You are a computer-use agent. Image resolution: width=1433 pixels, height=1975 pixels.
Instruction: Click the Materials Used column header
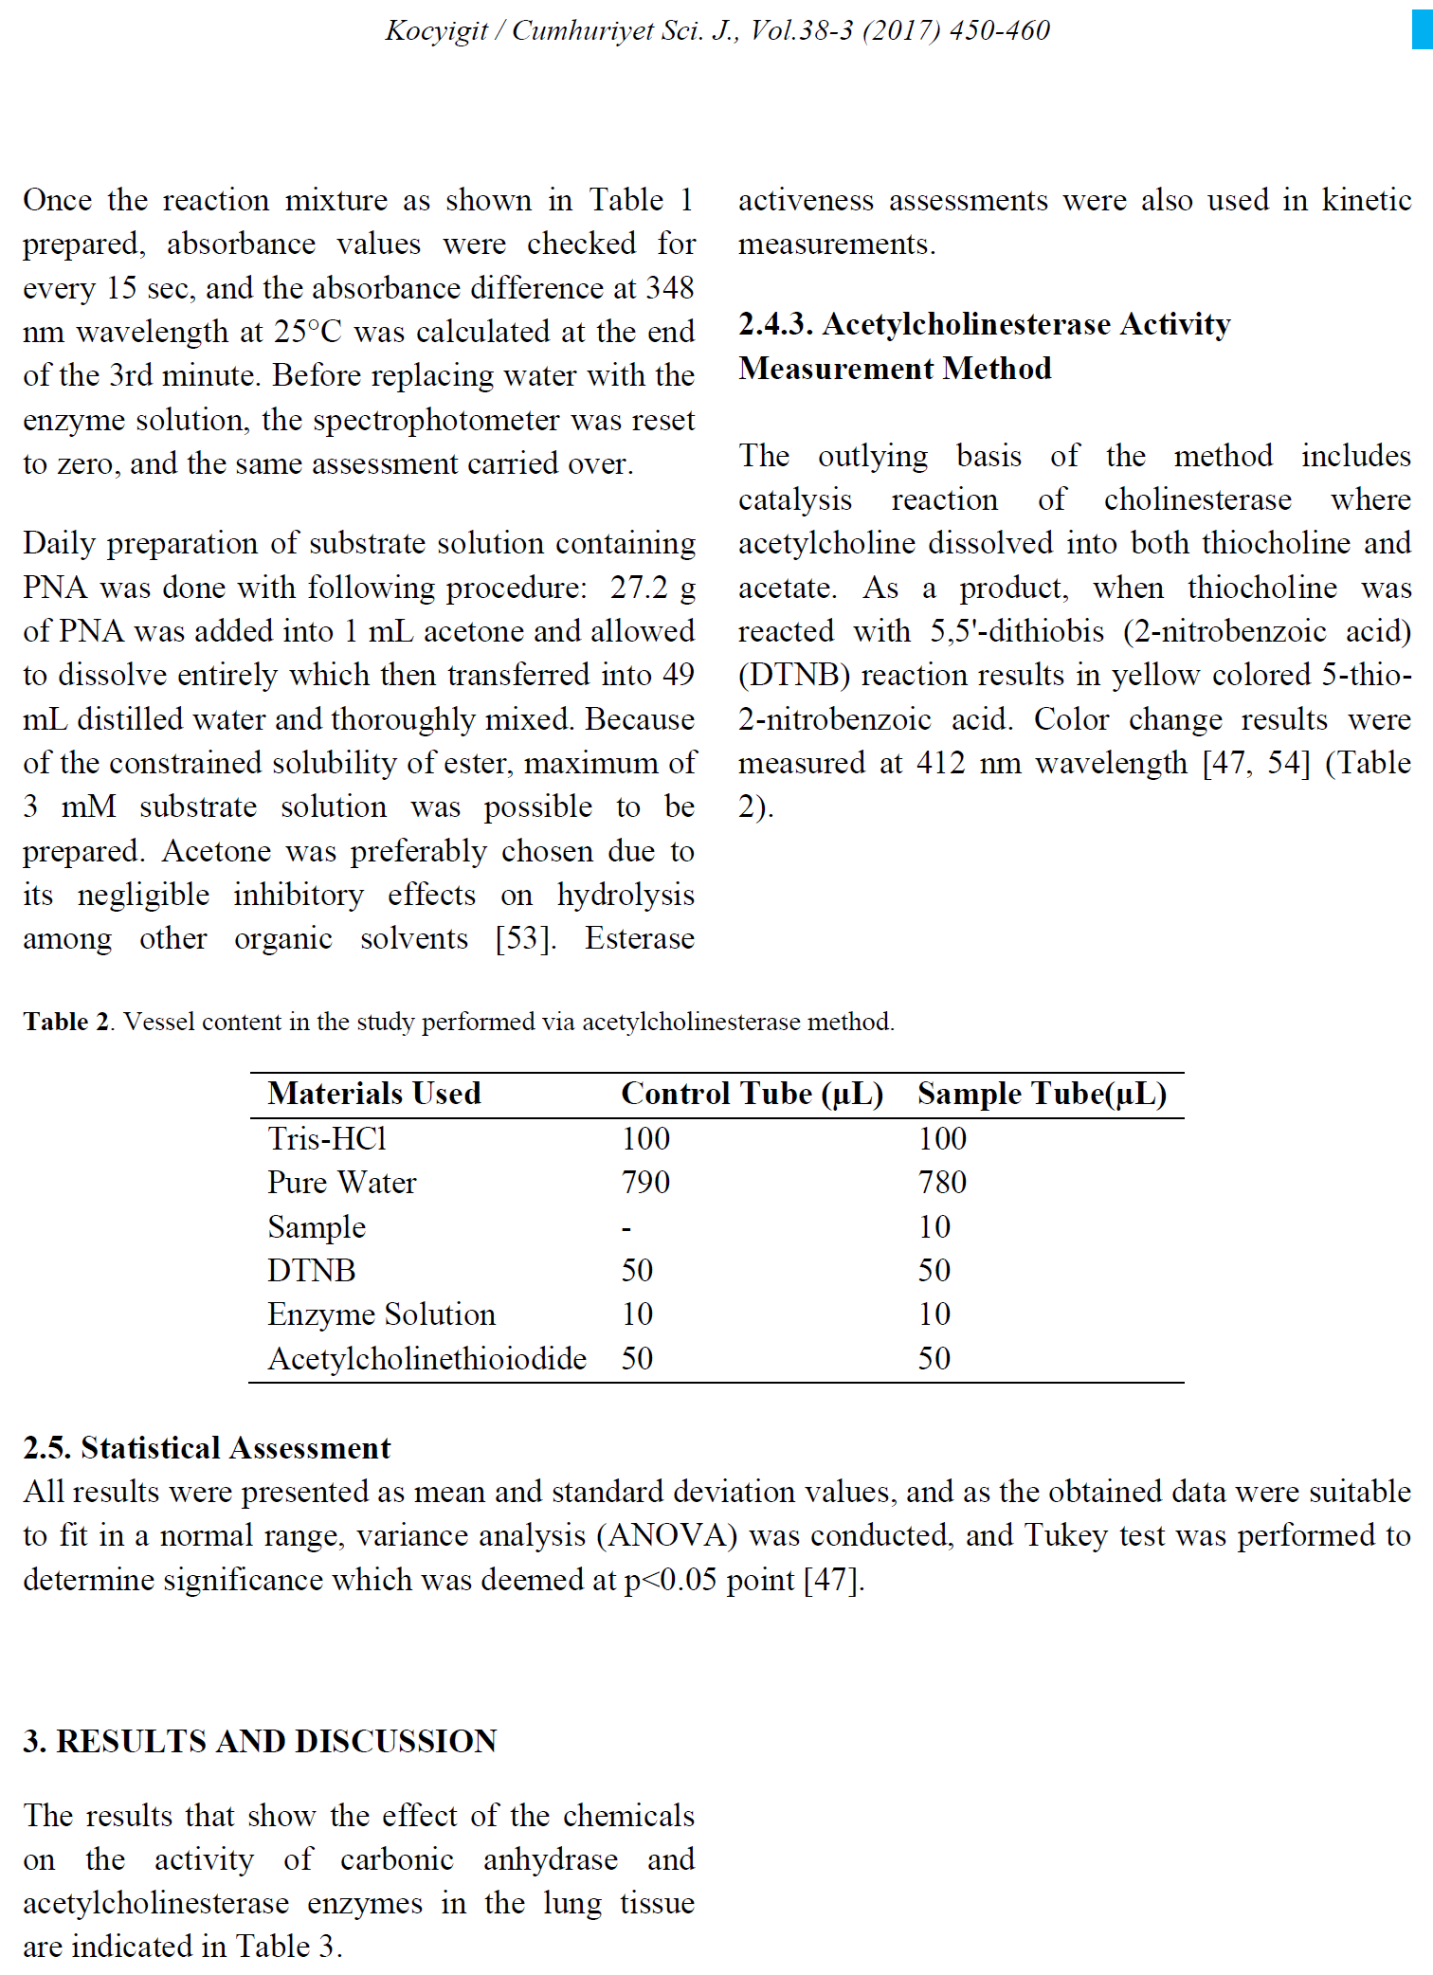coord(374,1094)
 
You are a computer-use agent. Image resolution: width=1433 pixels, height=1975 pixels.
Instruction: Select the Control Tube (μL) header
coord(752,1094)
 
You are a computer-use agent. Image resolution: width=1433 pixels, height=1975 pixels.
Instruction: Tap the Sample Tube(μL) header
coord(1042,1094)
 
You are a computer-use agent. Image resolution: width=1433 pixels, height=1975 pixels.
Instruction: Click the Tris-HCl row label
coord(327,1138)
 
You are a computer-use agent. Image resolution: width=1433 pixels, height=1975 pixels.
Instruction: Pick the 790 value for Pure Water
coord(645,1183)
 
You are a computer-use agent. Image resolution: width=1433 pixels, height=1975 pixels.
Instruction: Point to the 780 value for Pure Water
coord(942,1183)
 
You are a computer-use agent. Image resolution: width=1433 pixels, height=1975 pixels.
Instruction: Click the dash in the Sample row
coord(626,1228)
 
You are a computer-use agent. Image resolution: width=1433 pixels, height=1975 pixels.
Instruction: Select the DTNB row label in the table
coord(311,1271)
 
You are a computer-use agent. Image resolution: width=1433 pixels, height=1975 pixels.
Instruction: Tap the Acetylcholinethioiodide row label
coord(426,1359)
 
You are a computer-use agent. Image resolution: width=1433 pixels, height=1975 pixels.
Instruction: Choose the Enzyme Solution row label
coord(381,1314)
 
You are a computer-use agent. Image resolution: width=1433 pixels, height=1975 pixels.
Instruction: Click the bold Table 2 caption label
coord(66,1022)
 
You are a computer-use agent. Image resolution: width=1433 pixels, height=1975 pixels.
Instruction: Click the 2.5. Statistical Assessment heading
coord(207,1448)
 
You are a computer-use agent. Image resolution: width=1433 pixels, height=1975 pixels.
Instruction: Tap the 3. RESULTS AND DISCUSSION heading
coord(260,1741)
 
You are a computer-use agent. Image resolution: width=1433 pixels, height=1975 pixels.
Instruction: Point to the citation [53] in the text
coord(525,939)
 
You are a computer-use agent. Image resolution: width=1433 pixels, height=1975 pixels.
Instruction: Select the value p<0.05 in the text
coord(670,1580)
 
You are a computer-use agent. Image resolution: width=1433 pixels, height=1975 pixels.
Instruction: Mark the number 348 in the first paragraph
coord(670,288)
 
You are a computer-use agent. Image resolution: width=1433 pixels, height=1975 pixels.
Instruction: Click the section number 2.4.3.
coord(776,324)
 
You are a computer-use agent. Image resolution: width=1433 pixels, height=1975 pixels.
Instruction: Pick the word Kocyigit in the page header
coord(436,30)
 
